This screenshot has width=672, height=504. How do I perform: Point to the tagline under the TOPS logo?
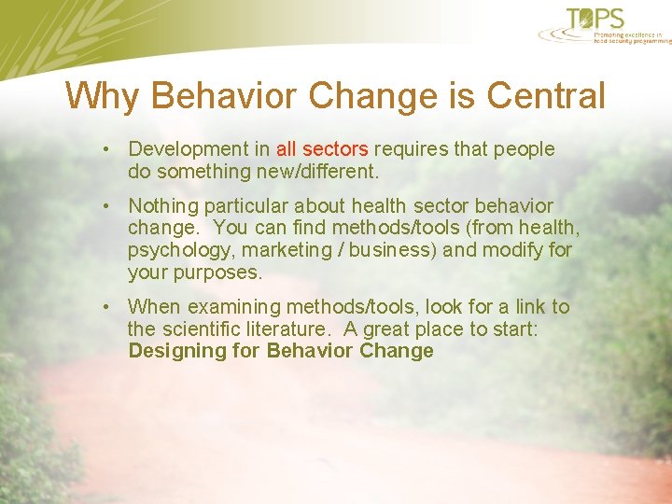tap(632, 37)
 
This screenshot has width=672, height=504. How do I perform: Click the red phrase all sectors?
tap(322, 149)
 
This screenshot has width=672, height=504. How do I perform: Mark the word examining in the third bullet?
tap(227, 307)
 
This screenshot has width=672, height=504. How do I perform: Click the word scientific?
tap(210, 329)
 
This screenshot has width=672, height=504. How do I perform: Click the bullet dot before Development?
tap(109, 149)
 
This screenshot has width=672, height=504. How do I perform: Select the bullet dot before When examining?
tap(109, 307)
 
